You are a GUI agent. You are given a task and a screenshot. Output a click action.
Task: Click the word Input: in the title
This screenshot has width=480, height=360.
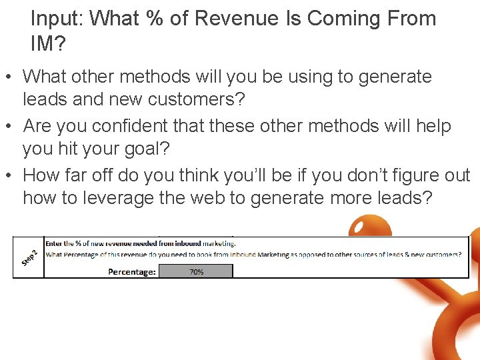point(56,19)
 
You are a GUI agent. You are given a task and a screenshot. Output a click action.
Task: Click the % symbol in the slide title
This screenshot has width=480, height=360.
point(155,19)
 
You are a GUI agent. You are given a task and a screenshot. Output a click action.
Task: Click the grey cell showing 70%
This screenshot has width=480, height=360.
point(197,271)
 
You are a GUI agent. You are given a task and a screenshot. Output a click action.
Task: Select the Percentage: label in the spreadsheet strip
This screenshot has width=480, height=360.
point(132,271)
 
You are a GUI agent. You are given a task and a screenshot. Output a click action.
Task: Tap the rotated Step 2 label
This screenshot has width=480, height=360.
point(29,257)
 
